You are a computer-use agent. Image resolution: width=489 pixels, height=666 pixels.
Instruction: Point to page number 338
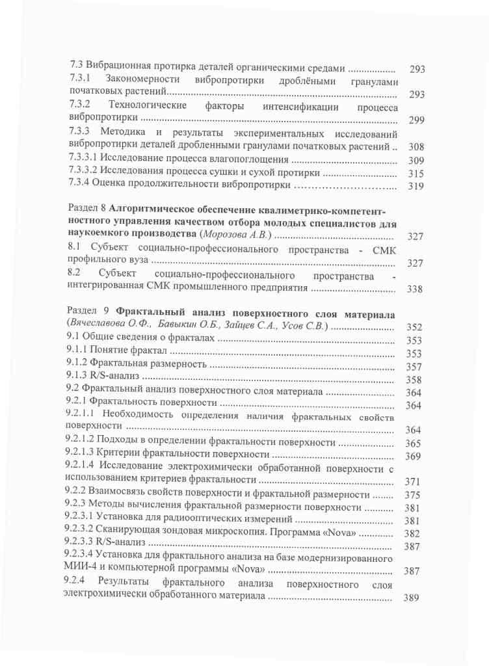coord(415,289)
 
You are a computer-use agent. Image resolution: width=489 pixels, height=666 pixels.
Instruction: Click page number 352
coord(414,328)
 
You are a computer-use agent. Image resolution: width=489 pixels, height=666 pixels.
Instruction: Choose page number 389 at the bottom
coord(411,600)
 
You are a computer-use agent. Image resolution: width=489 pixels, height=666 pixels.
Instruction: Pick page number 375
coord(412,495)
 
